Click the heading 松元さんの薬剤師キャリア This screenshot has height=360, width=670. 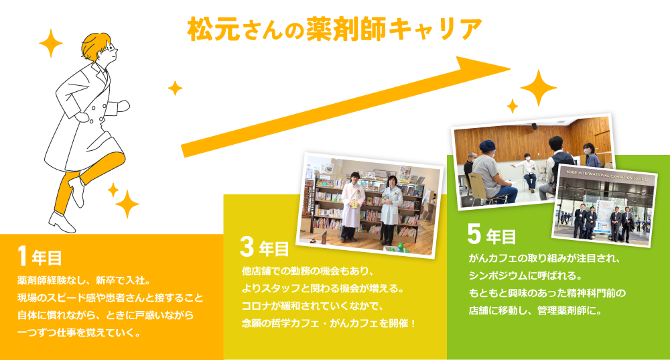click(334, 29)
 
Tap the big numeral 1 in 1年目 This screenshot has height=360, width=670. click(23, 256)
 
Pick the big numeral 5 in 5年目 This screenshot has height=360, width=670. click(474, 234)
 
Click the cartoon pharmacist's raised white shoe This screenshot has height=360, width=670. click(77, 191)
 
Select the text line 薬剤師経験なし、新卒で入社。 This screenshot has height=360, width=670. click(83, 280)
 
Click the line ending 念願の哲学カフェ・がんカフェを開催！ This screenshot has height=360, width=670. click(329, 323)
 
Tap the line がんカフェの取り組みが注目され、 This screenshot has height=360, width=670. click(544, 259)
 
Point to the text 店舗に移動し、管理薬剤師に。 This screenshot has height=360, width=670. click(535, 311)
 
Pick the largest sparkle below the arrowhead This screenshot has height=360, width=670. click(539, 88)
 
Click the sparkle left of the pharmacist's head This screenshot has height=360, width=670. click(51, 43)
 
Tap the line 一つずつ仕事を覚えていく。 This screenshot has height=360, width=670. click(79, 333)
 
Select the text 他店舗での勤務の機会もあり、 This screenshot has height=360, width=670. click(308, 271)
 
